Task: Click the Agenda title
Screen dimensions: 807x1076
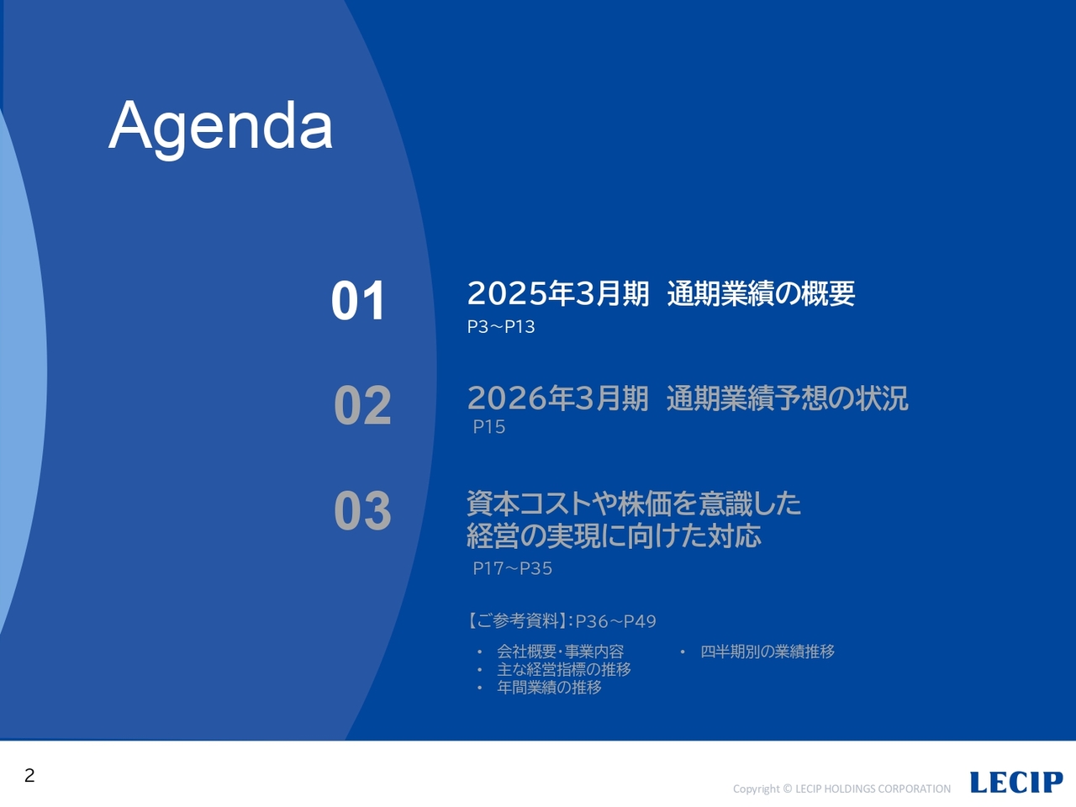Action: click(220, 126)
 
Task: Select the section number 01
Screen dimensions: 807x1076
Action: click(358, 301)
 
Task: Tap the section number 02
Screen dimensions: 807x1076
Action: click(362, 405)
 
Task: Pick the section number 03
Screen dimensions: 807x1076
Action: click(362, 510)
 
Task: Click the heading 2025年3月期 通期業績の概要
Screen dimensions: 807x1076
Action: click(660, 293)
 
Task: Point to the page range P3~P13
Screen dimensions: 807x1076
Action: click(501, 327)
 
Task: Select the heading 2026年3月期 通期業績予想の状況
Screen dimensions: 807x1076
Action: click(687, 398)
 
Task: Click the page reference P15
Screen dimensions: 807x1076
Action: click(488, 427)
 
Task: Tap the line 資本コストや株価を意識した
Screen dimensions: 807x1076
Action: click(633, 504)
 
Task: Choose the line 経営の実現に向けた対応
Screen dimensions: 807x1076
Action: click(614, 535)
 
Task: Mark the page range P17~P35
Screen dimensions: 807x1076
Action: click(512, 569)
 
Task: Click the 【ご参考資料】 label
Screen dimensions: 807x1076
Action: click(516, 621)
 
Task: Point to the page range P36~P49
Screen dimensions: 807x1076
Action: click(615, 621)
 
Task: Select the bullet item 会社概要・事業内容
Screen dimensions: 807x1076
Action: click(560, 651)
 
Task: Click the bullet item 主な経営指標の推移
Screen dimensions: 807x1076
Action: click(563, 669)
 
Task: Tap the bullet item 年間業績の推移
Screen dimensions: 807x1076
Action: click(549, 688)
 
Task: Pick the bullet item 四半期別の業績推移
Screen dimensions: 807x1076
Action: click(767, 651)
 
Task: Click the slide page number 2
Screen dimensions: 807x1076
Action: click(29, 775)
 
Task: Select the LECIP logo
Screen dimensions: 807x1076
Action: click(1015, 783)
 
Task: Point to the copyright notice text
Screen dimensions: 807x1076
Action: click(841, 789)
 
